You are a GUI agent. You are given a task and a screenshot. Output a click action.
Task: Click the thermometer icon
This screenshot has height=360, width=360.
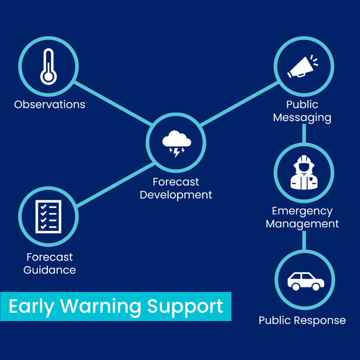click(x=48, y=67)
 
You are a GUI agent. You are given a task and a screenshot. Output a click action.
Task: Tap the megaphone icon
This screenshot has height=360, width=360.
click(x=303, y=66)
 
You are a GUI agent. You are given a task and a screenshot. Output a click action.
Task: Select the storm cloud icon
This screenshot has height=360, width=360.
click(x=176, y=143)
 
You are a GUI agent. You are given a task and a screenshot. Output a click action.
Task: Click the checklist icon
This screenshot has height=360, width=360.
click(x=48, y=216)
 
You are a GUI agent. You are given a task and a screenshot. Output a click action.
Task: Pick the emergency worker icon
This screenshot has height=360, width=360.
click(x=303, y=173)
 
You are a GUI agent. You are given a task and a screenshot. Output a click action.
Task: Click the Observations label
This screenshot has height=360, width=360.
click(x=50, y=104)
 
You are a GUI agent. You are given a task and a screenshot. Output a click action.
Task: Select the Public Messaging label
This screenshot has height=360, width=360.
click(x=302, y=111)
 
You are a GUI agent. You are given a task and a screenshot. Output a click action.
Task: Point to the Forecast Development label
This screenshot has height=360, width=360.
click(x=176, y=189)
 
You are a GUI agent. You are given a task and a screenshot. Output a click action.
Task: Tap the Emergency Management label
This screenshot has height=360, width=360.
click(x=302, y=218)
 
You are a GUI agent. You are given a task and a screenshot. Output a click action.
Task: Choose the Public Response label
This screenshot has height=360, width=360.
click(x=302, y=320)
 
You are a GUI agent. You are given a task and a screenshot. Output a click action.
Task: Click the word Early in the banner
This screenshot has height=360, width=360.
click(x=32, y=306)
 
